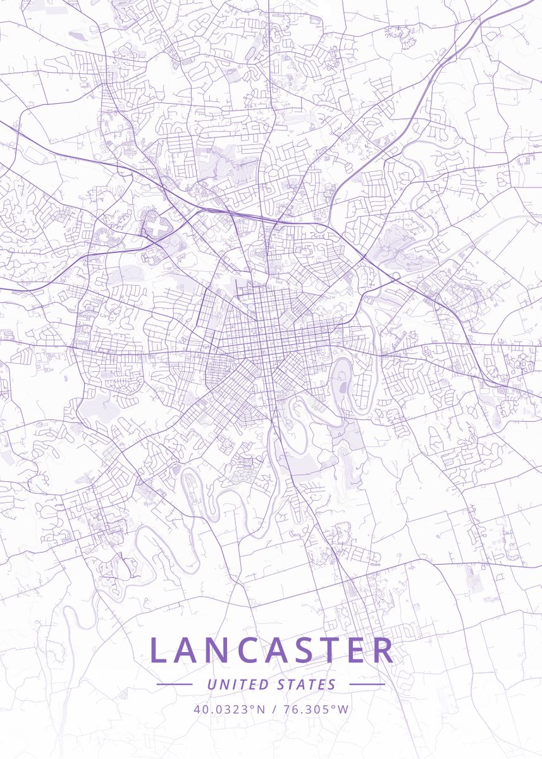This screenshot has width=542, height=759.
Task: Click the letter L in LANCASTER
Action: pyautogui.click(x=159, y=650)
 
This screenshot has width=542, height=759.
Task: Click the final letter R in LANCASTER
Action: pyautogui.click(x=381, y=650)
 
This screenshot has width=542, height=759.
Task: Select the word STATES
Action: pyautogui.click(x=307, y=684)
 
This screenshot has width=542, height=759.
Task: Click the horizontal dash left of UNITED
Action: pyautogui.click(x=175, y=684)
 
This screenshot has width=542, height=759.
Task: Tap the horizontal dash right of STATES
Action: pyautogui.click(x=367, y=684)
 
